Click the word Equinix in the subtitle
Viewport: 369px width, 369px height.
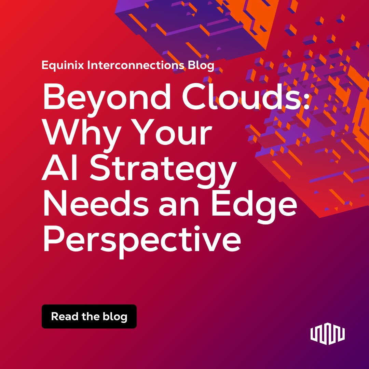pos(63,65)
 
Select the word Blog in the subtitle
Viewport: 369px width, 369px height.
pos(201,65)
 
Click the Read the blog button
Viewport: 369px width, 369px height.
pos(89,316)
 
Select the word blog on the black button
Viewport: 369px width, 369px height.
pos(115,317)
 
